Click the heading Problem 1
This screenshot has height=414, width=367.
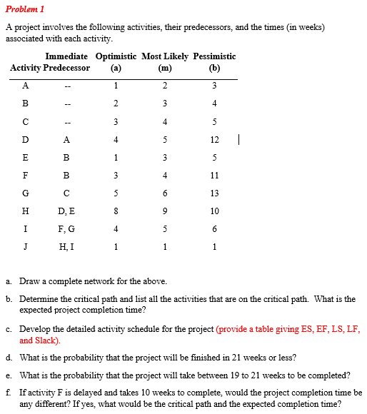[x=26, y=9]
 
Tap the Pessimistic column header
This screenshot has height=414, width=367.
[x=214, y=56]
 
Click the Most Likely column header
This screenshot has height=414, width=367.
[x=165, y=56]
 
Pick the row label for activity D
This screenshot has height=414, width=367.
[x=26, y=140]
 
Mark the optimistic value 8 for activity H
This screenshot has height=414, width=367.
[x=116, y=211]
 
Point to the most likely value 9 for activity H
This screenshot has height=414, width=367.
[x=165, y=211]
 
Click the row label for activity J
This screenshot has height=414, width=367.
[x=26, y=247]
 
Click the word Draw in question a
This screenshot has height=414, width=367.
[x=29, y=281]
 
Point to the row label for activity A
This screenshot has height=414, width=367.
[x=26, y=86]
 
